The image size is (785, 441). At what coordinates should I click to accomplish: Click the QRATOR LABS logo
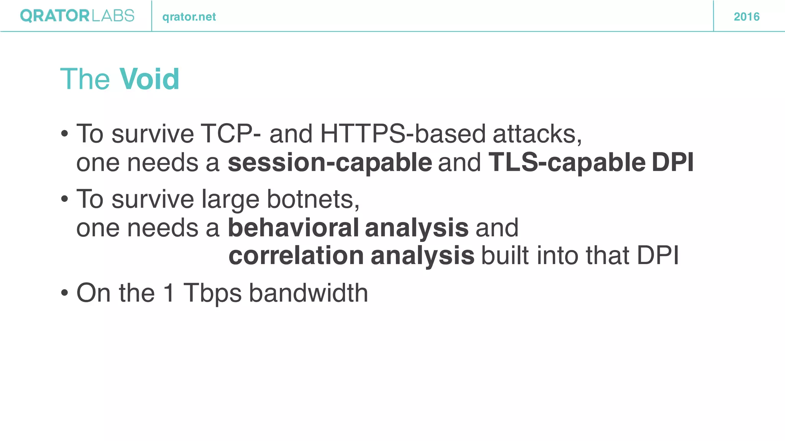pos(77,16)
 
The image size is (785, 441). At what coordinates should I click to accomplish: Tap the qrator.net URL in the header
pos(189,17)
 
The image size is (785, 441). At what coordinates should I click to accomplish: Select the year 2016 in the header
pos(746,17)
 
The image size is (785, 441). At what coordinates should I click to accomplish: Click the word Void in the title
pos(149,79)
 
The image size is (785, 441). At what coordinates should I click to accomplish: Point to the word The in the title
pos(85,79)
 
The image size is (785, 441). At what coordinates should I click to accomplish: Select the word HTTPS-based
pos(403,134)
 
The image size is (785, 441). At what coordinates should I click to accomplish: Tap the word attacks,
pos(537,134)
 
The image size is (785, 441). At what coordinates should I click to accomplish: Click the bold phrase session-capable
pos(330,163)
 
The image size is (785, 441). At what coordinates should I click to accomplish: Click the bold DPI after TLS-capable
pos(672,163)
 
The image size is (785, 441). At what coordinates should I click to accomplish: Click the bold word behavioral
pos(293,228)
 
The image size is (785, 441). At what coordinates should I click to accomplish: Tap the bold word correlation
pos(296,256)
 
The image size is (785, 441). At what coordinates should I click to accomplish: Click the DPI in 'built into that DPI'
pos(657,256)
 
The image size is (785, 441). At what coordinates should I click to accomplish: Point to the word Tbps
pos(212,293)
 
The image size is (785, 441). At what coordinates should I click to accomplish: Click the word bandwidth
pos(309,293)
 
